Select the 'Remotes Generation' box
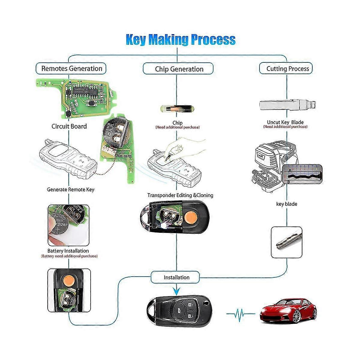point(71,68)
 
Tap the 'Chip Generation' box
point(179,69)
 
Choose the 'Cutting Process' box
point(287,69)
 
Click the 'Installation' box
point(176,277)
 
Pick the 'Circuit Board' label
point(69,126)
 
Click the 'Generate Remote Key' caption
point(70,190)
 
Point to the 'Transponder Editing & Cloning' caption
point(180,195)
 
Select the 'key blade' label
point(286,204)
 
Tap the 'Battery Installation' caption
point(68,251)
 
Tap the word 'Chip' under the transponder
point(177,123)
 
